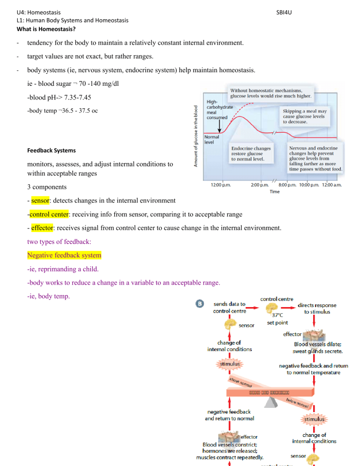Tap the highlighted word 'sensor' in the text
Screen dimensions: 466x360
[40, 201]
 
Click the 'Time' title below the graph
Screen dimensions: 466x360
[276, 191]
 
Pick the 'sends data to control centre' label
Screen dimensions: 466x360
[228, 308]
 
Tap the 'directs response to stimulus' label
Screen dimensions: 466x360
[318, 308]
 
